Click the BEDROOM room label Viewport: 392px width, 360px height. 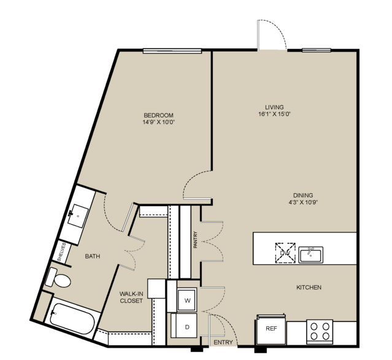click(x=158, y=115)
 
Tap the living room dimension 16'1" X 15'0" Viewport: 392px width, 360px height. click(x=275, y=114)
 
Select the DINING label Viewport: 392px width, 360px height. click(x=303, y=195)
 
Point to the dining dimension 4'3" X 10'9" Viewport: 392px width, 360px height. click(x=303, y=202)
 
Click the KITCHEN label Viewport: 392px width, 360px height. click(x=309, y=288)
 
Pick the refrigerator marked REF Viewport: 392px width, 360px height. click(x=271, y=329)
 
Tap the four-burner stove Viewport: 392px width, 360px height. click(x=320, y=332)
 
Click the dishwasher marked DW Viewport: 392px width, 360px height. click(x=285, y=253)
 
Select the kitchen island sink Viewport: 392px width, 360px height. click(x=311, y=255)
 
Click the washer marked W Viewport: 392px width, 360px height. click(x=187, y=300)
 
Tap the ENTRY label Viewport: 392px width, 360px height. click(x=223, y=342)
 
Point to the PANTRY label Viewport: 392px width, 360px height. click(x=196, y=240)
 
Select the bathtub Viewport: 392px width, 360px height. click(x=72, y=319)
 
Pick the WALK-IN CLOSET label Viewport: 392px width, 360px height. click(x=131, y=297)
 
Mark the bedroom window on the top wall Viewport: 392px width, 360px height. click(x=172, y=51)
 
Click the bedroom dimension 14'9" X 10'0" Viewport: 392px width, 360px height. click(x=158, y=122)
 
